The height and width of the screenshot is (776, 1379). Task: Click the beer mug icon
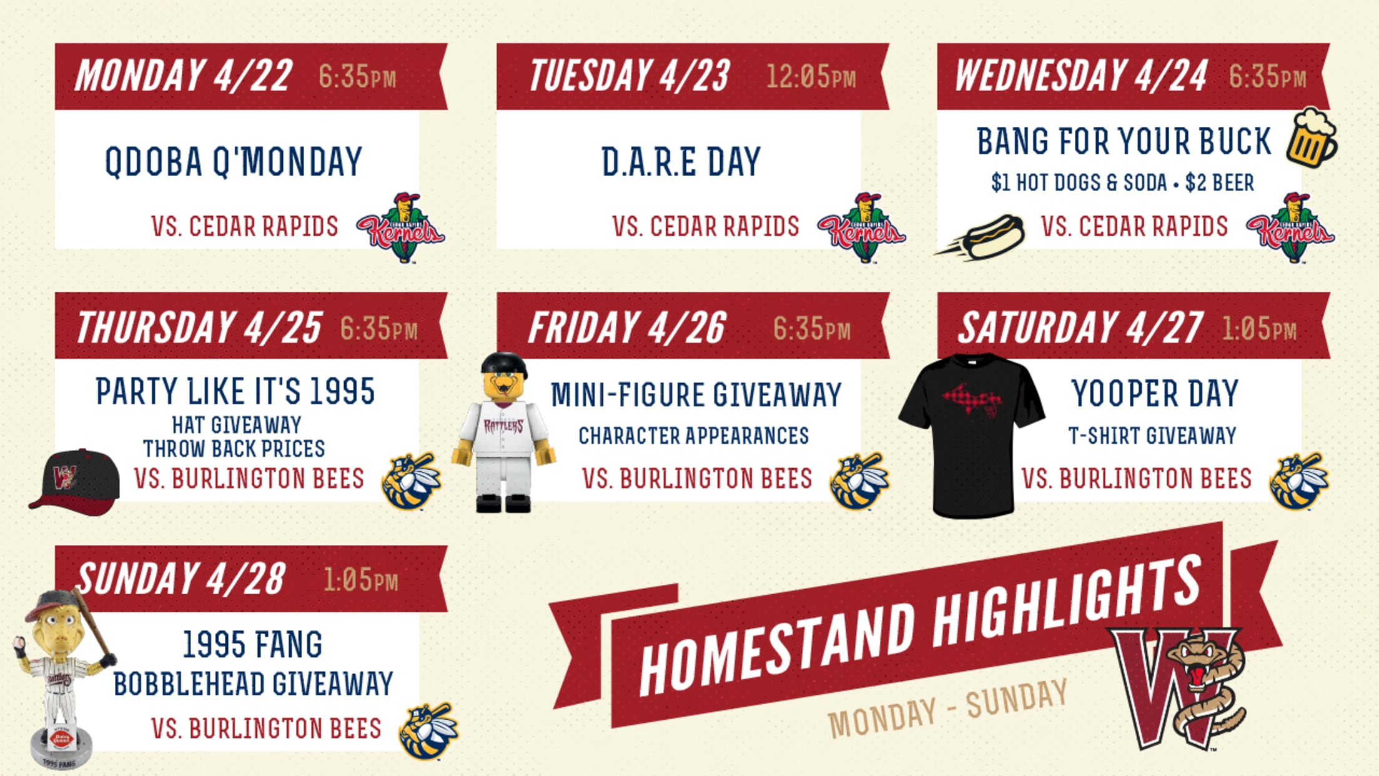click(x=1312, y=137)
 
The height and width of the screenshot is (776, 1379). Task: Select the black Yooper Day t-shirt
click(x=972, y=435)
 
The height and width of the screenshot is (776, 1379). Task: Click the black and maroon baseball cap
click(x=74, y=481)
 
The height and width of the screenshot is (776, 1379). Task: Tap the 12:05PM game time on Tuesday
click(x=811, y=77)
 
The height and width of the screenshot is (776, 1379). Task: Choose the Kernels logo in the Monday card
click(x=401, y=227)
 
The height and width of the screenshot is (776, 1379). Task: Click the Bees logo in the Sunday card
click(x=428, y=731)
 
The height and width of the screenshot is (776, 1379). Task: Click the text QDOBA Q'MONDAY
click(x=234, y=162)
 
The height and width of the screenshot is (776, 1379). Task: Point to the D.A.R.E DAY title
click(x=681, y=162)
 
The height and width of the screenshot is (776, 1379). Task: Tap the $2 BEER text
click(x=1220, y=182)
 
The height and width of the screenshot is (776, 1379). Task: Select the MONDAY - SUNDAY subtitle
click(x=948, y=709)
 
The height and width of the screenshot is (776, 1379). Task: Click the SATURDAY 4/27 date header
click(x=1080, y=327)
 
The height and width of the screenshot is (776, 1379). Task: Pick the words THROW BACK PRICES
click(x=234, y=449)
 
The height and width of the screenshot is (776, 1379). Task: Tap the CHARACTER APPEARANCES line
click(x=694, y=435)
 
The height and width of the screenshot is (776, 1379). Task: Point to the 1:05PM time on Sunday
click(x=361, y=580)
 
